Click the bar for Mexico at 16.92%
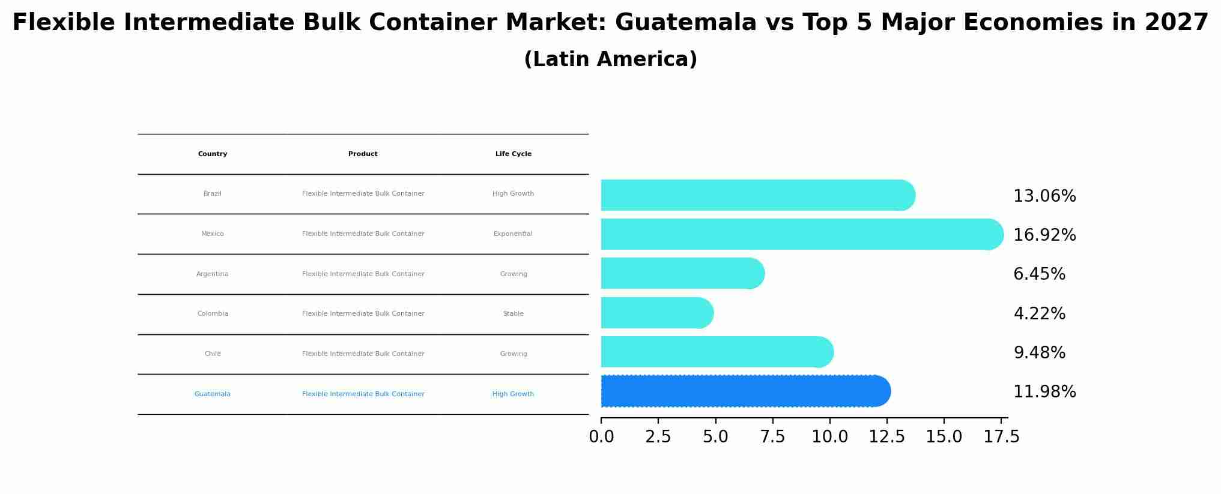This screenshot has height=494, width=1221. pyautogui.click(x=802, y=234)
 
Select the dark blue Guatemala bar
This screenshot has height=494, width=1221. pyautogui.click(x=745, y=391)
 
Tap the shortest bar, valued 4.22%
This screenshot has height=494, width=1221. pyautogui.click(x=656, y=313)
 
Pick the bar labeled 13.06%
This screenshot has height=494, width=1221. pyautogui.click(x=757, y=195)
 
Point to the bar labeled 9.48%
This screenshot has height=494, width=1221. pyautogui.click(x=717, y=352)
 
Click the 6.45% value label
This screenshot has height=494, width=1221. pyautogui.click(x=1039, y=274)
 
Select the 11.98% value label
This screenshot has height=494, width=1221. pyautogui.click(x=1044, y=392)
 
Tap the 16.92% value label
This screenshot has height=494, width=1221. pyautogui.click(x=1044, y=235)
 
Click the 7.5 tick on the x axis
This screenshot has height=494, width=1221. pyautogui.click(x=772, y=437)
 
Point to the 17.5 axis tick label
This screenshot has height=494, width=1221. pyautogui.click(x=1001, y=437)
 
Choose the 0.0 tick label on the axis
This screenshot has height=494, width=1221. pyautogui.click(x=601, y=437)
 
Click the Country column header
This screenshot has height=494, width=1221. pyautogui.click(x=213, y=154)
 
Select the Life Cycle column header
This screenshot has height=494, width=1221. pyautogui.click(x=513, y=154)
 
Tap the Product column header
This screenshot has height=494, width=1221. pyautogui.click(x=363, y=154)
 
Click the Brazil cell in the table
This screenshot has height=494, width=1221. pyautogui.click(x=213, y=194)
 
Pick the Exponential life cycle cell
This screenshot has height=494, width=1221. pyautogui.click(x=513, y=234)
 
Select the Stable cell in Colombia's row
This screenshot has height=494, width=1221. pyautogui.click(x=513, y=314)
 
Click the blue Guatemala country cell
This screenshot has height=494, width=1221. pyautogui.click(x=213, y=394)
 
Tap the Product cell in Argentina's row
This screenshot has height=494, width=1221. pyautogui.click(x=363, y=274)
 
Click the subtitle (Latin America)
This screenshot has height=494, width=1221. pyautogui.click(x=610, y=59)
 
